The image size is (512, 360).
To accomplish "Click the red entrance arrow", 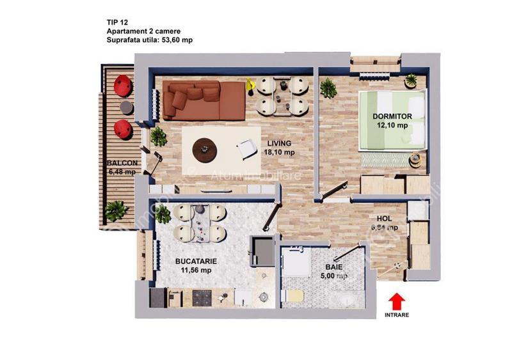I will [x=397, y=299].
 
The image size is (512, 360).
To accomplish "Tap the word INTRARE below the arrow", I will [x=397, y=315].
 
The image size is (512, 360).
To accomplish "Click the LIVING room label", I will [x=280, y=143].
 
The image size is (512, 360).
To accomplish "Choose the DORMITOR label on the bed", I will [x=393, y=116].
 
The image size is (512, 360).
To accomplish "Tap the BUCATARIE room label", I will [x=196, y=261].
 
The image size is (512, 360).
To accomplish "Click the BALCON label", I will [x=122, y=162].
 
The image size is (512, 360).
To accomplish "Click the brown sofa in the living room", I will [x=203, y=100].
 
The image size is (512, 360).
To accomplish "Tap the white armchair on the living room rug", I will [x=246, y=149].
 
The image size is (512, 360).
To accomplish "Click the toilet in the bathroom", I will [x=294, y=297].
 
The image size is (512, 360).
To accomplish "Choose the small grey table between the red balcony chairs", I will [x=126, y=107].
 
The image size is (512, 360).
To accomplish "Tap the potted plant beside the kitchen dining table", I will [x=164, y=215].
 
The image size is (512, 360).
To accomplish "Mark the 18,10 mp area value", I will [x=280, y=152].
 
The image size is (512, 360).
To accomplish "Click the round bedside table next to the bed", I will [x=415, y=157].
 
